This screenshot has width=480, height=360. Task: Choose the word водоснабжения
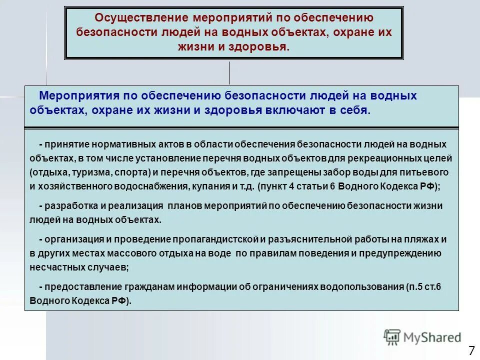[x=145, y=186]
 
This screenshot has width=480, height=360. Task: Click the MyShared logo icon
[x=392, y=337]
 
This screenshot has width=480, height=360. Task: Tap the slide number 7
[x=471, y=349]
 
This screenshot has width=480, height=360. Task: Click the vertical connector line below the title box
[x=229, y=73]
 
